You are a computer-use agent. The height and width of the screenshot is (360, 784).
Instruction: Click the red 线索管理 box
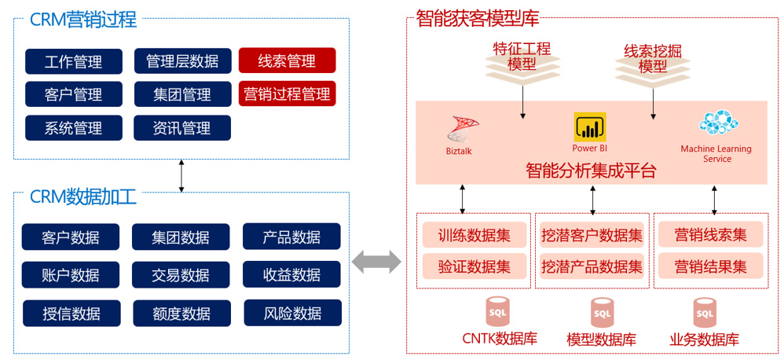pos(287,61)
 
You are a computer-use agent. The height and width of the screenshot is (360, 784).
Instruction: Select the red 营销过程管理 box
pos(287,94)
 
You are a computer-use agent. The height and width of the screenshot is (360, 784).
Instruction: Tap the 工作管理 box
pos(74,61)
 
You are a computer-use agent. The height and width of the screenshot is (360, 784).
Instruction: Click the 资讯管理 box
pos(181,127)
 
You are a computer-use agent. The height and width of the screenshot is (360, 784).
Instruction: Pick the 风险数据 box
pos(292,313)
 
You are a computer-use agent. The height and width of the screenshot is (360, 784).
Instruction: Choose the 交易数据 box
pos(181,274)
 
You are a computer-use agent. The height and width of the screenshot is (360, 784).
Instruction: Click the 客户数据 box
pos(71,237)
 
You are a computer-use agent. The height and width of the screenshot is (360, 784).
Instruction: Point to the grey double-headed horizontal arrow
pos(376,262)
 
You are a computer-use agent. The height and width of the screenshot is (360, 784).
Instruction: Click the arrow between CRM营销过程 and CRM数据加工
pos(181,175)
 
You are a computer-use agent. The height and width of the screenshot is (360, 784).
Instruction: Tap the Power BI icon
pos(590,127)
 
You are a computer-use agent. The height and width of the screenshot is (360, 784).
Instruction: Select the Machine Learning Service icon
pos(718,123)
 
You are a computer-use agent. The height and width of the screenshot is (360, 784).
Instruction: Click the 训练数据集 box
pos(474,234)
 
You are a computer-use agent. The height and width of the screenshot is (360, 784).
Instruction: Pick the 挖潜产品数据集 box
pos(592,266)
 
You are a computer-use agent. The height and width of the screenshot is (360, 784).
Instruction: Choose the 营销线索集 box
pos(710,234)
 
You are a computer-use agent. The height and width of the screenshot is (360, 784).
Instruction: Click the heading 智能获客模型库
pos(477,17)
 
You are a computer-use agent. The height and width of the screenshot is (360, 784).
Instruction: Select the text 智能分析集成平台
pos(590,171)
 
